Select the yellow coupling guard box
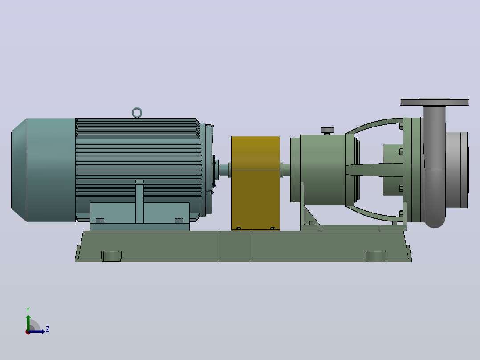(x=255, y=183)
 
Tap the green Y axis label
(x=28, y=310)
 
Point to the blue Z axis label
(x=48, y=329)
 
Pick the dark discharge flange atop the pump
(x=435, y=102)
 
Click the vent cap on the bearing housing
(x=327, y=130)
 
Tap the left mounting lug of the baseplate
(x=111, y=256)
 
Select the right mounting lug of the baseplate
(x=376, y=256)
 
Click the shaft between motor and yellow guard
(x=224, y=170)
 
